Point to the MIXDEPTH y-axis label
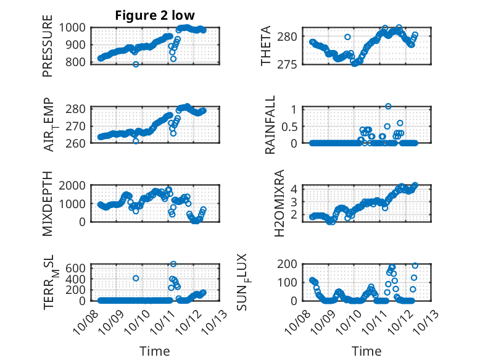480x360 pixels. tap(48, 204)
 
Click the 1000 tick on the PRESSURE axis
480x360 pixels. tap(77, 27)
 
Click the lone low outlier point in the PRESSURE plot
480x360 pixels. tap(136, 64)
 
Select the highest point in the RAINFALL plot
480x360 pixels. tap(388, 106)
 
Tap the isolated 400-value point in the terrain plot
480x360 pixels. tap(136, 278)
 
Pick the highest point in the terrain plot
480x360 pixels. tap(173, 264)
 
